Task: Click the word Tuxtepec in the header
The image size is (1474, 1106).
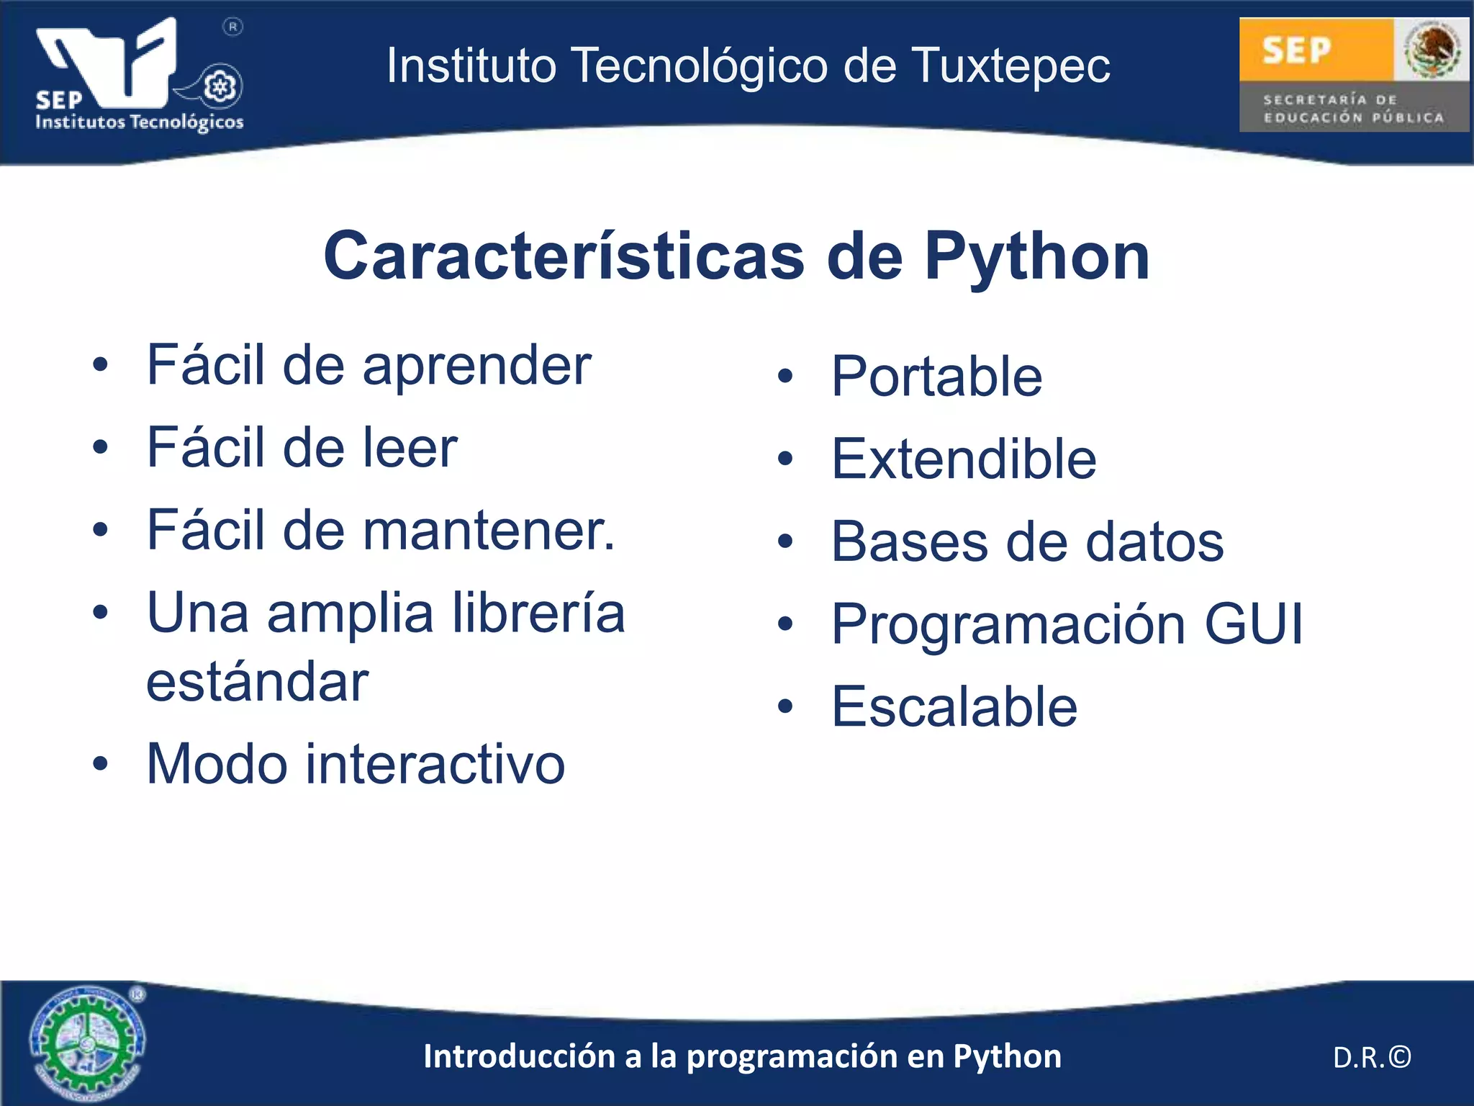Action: pos(1011,66)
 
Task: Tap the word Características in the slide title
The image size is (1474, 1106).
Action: pos(564,256)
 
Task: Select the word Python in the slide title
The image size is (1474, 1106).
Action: pos(1037,256)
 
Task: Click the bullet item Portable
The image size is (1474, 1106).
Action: pos(936,377)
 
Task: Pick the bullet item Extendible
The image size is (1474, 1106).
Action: pos(964,459)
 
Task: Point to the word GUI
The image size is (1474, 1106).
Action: pos(1253,624)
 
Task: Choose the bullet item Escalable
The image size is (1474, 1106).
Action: pos(954,706)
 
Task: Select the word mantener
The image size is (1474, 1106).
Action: pos(489,531)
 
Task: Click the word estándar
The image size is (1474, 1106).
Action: pos(257,681)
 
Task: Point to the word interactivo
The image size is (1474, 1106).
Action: pos(435,764)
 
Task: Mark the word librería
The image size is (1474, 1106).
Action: pos(539,613)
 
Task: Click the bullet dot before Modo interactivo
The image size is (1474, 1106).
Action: pos(100,764)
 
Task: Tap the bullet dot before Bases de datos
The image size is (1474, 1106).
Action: pos(785,541)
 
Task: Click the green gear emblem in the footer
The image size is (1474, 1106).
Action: pos(86,1043)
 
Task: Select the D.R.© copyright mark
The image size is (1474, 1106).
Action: pos(1372,1057)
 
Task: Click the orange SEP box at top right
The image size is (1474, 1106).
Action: pos(1314,50)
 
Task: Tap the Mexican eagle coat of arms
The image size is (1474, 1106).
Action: pos(1432,49)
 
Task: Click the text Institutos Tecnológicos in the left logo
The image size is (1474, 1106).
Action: pos(140,122)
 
